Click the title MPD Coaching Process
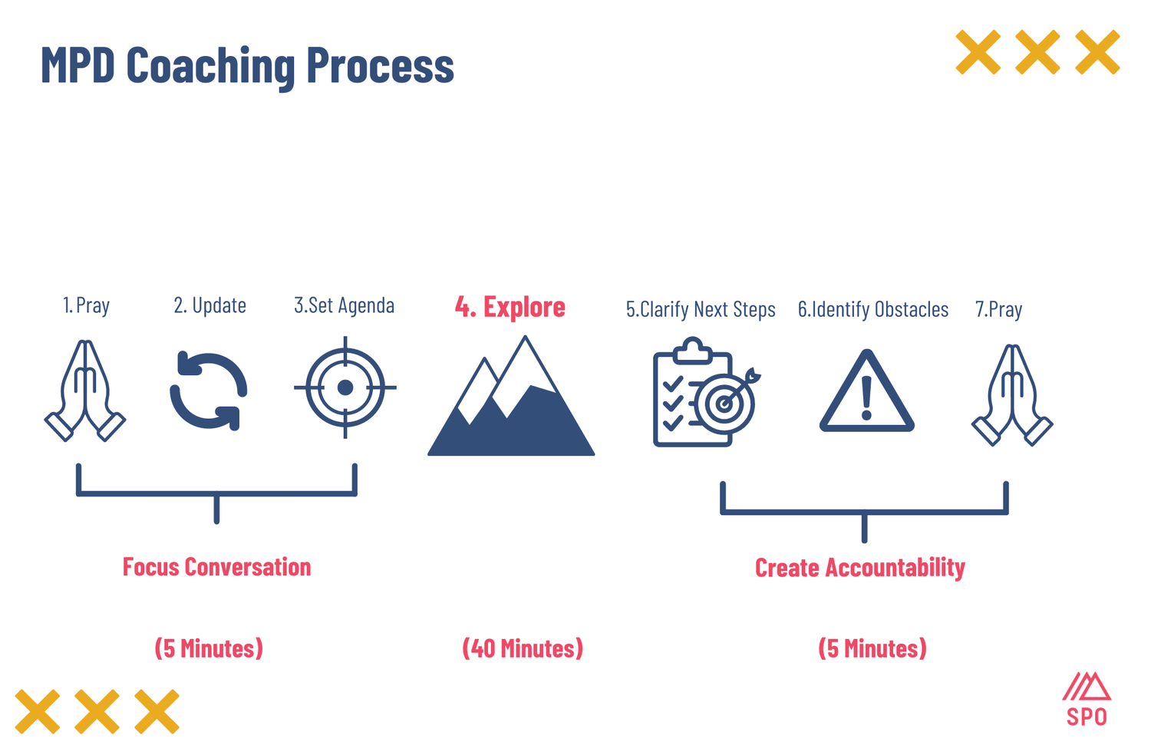click(x=246, y=65)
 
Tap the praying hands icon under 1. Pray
click(x=85, y=391)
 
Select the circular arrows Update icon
click(x=208, y=391)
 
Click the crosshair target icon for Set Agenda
click(x=345, y=387)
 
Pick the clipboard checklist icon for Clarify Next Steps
click(x=702, y=393)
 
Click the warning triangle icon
click(x=866, y=393)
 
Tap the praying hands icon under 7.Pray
click(x=1012, y=395)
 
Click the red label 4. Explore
click(x=510, y=307)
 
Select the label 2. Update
click(x=209, y=305)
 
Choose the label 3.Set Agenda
click(x=344, y=305)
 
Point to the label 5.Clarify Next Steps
click(x=701, y=309)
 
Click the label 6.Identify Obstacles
click(x=872, y=309)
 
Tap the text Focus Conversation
click(x=216, y=567)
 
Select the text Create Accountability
click(x=859, y=568)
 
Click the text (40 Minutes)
click(x=522, y=648)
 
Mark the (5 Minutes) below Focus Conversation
click(x=209, y=648)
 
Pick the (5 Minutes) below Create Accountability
click(x=872, y=648)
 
